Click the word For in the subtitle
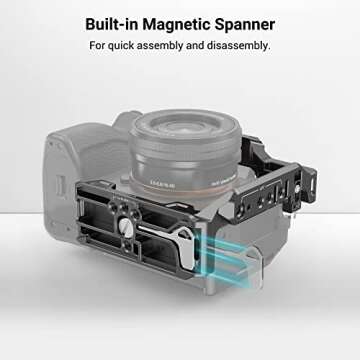tap(99, 46)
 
